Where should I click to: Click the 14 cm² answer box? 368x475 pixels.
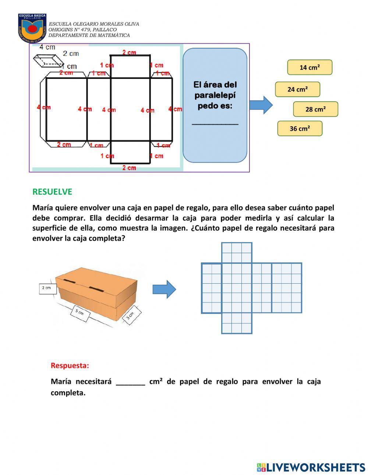tap(309, 67)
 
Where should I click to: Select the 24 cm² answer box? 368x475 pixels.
tap(297, 89)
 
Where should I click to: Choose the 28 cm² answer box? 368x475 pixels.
tap(315, 109)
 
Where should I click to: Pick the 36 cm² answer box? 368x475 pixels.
tap(300, 128)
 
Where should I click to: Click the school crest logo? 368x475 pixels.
tap(32, 28)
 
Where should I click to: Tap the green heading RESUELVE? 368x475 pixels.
tap(52, 192)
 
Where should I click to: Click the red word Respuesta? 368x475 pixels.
tap(70, 366)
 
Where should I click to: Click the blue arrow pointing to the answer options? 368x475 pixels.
tap(261, 105)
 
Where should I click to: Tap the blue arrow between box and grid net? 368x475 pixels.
tap(164, 289)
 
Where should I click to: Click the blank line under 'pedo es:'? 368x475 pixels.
tap(215, 123)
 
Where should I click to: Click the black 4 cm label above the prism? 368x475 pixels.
tap(47, 47)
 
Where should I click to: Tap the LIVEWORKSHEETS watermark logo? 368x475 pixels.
tap(311, 467)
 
